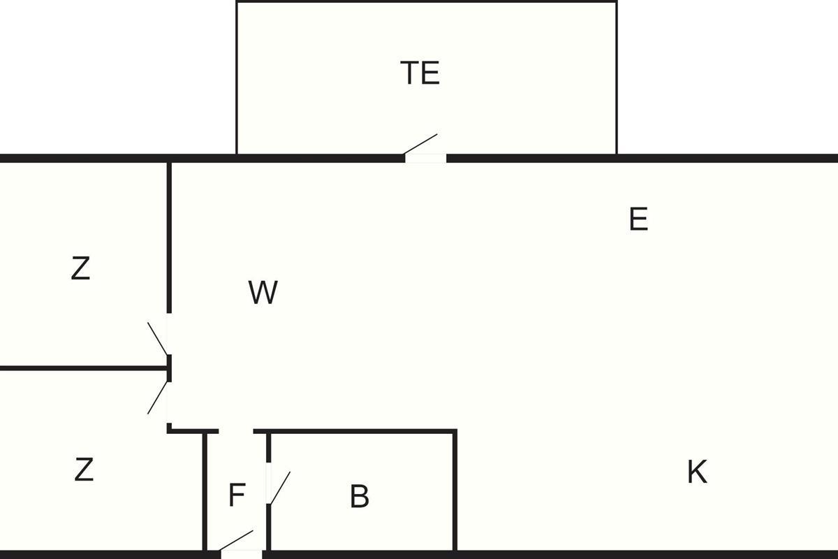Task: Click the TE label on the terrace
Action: [x=420, y=73]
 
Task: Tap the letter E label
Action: [x=638, y=219]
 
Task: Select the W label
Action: [x=263, y=293]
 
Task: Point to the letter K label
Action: [x=697, y=472]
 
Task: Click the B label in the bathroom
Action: [x=359, y=497]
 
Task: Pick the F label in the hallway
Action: [x=237, y=496]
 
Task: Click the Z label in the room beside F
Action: [x=83, y=470]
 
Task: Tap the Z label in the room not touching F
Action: [x=80, y=268]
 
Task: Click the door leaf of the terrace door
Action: [x=421, y=143]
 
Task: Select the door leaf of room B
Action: [x=279, y=488]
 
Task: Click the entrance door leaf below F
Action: [x=237, y=541]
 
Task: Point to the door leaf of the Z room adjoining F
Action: [x=158, y=397]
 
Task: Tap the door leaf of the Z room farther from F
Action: [x=158, y=338]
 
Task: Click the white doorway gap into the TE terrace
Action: [x=426, y=159]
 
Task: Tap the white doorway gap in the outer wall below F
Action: [x=242, y=555]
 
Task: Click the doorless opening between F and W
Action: [x=236, y=432]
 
